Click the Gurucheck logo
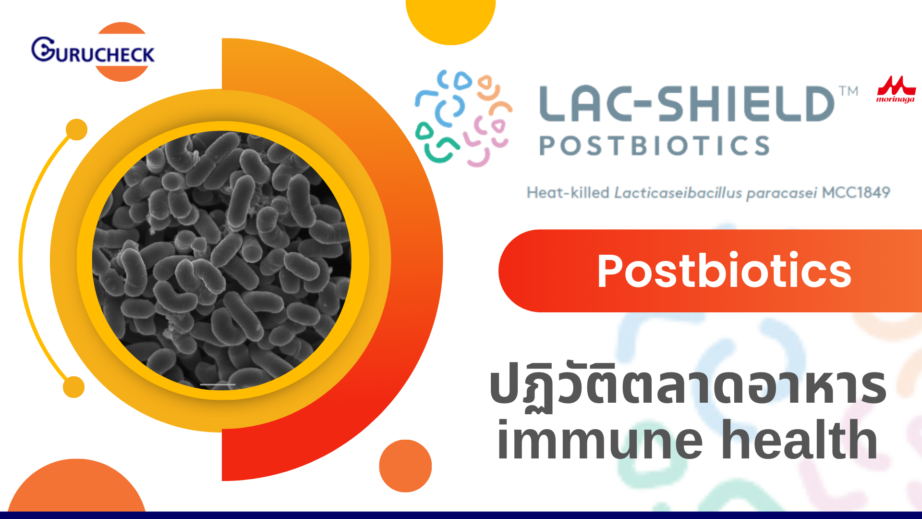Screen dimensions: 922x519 [93, 51]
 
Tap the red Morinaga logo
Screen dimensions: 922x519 [896, 89]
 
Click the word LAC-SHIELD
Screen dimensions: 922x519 [687, 104]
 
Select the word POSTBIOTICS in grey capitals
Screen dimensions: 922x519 [655, 146]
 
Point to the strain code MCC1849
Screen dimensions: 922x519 [856, 193]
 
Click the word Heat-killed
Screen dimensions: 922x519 [568, 193]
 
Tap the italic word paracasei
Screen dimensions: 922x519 [781, 193]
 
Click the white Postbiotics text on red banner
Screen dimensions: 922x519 [724, 271]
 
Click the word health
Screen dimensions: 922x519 [800, 438]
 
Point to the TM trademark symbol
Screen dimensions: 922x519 [849, 91]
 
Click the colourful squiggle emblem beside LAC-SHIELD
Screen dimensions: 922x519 [463, 118]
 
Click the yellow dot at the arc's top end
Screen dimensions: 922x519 [76, 130]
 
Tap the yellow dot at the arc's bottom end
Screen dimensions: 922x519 [73, 387]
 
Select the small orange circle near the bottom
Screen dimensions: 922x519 [405, 466]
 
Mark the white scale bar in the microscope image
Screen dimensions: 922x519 [218, 385]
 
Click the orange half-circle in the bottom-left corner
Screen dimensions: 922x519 [76, 485]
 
